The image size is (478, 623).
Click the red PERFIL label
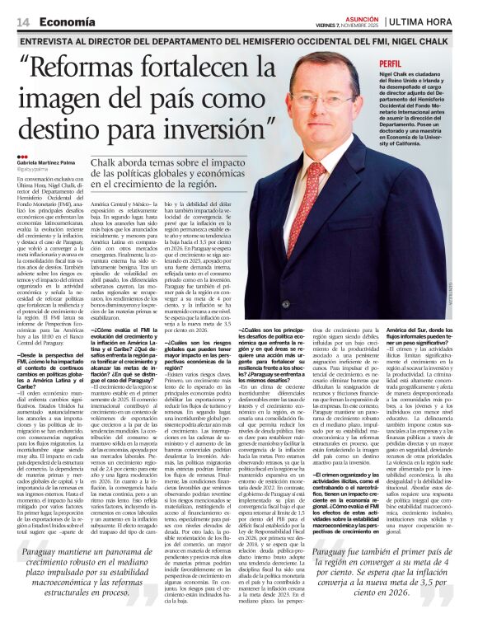tap(391, 63)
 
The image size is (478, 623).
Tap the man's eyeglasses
tap(321, 98)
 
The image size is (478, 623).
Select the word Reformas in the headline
tap(90, 71)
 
